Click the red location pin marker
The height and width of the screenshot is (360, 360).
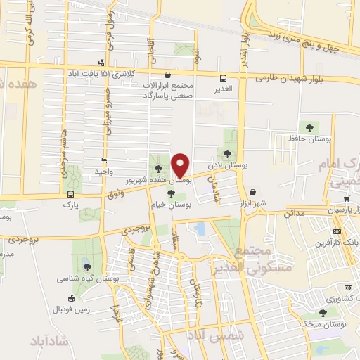pos(181,165)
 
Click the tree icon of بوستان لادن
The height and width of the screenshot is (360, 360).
pos(226,153)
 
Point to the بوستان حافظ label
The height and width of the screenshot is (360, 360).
pos(311,139)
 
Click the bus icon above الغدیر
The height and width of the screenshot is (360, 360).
pos(223,79)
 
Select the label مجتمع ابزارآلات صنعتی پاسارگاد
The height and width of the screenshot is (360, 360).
pos(167,90)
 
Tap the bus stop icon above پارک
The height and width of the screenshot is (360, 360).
pos(70,193)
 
